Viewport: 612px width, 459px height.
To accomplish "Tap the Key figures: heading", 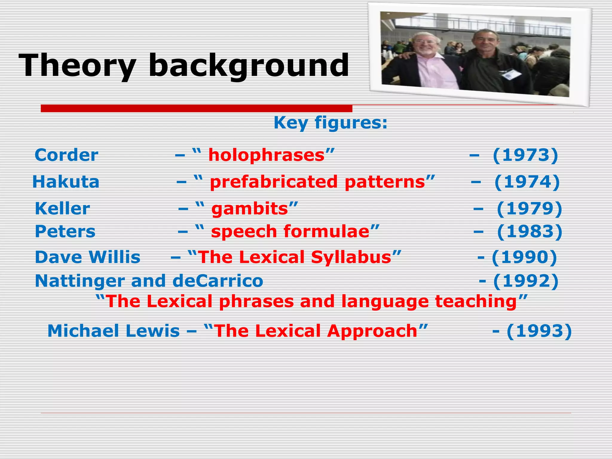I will pyautogui.click(x=331, y=123).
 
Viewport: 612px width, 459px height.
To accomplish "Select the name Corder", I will pyautogui.click(x=66, y=155).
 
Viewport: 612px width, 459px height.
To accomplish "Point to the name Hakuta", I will pyautogui.click(x=66, y=182).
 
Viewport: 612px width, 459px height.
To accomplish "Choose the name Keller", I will pyautogui.click(x=62, y=208).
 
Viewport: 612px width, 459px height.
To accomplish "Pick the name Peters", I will pyautogui.click(x=65, y=231).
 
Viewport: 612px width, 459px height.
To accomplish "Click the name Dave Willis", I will pyautogui.click(x=88, y=257).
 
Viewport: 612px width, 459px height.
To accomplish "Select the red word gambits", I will pyautogui.click(x=250, y=208).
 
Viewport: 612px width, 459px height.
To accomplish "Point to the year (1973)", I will pyautogui.click(x=525, y=155).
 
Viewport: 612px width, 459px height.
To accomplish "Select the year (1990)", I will pyautogui.click(x=524, y=257).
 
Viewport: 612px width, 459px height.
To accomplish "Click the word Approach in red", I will pyautogui.click(x=372, y=331).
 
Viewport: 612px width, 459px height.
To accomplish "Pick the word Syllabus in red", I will pyautogui.click(x=351, y=257).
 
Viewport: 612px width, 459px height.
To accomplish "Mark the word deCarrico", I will pyautogui.click(x=218, y=281).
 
